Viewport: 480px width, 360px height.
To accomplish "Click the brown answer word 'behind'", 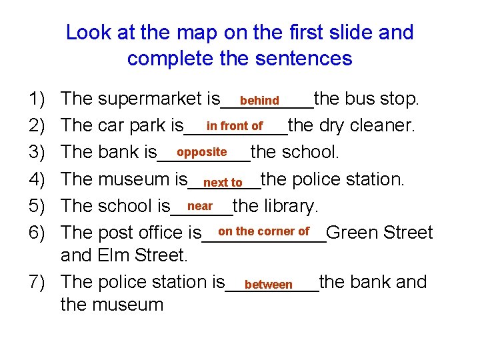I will coord(259,101).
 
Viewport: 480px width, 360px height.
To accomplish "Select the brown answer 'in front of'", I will coord(235,126).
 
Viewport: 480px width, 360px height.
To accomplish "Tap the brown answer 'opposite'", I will coord(202,152).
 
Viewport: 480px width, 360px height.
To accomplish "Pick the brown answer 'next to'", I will coord(223,183).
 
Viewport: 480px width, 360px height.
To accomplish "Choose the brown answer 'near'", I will coord(200,206).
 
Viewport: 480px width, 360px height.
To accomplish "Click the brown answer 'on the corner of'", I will coord(263,231).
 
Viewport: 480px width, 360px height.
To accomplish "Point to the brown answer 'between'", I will coord(269,285).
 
